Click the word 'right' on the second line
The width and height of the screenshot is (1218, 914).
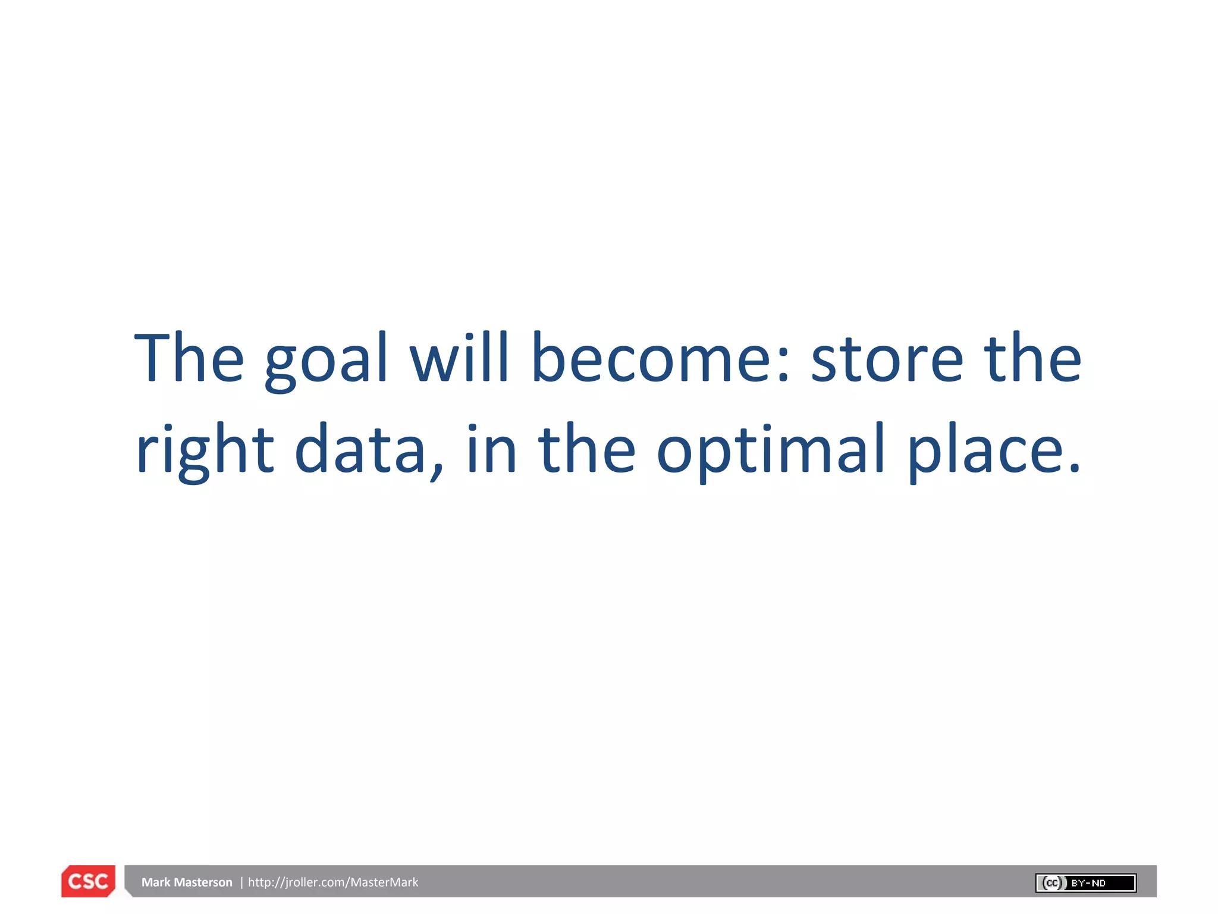click(x=205, y=450)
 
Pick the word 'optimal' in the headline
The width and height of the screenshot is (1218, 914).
click(x=771, y=450)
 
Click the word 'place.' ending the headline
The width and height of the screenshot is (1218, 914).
click(x=993, y=450)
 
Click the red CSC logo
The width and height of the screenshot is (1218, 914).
click(x=88, y=881)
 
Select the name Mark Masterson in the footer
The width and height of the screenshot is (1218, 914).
click(x=187, y=882)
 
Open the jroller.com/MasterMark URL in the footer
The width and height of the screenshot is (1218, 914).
click(x=333, y=882)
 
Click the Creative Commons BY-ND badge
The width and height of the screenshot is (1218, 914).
click(x=1085, y=882)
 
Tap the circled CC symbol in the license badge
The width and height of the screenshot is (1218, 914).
click(x=1052, y=882)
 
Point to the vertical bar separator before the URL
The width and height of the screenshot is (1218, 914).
click(x=241, y=882)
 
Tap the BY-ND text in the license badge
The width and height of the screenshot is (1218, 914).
click(x=1088, y=883)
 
